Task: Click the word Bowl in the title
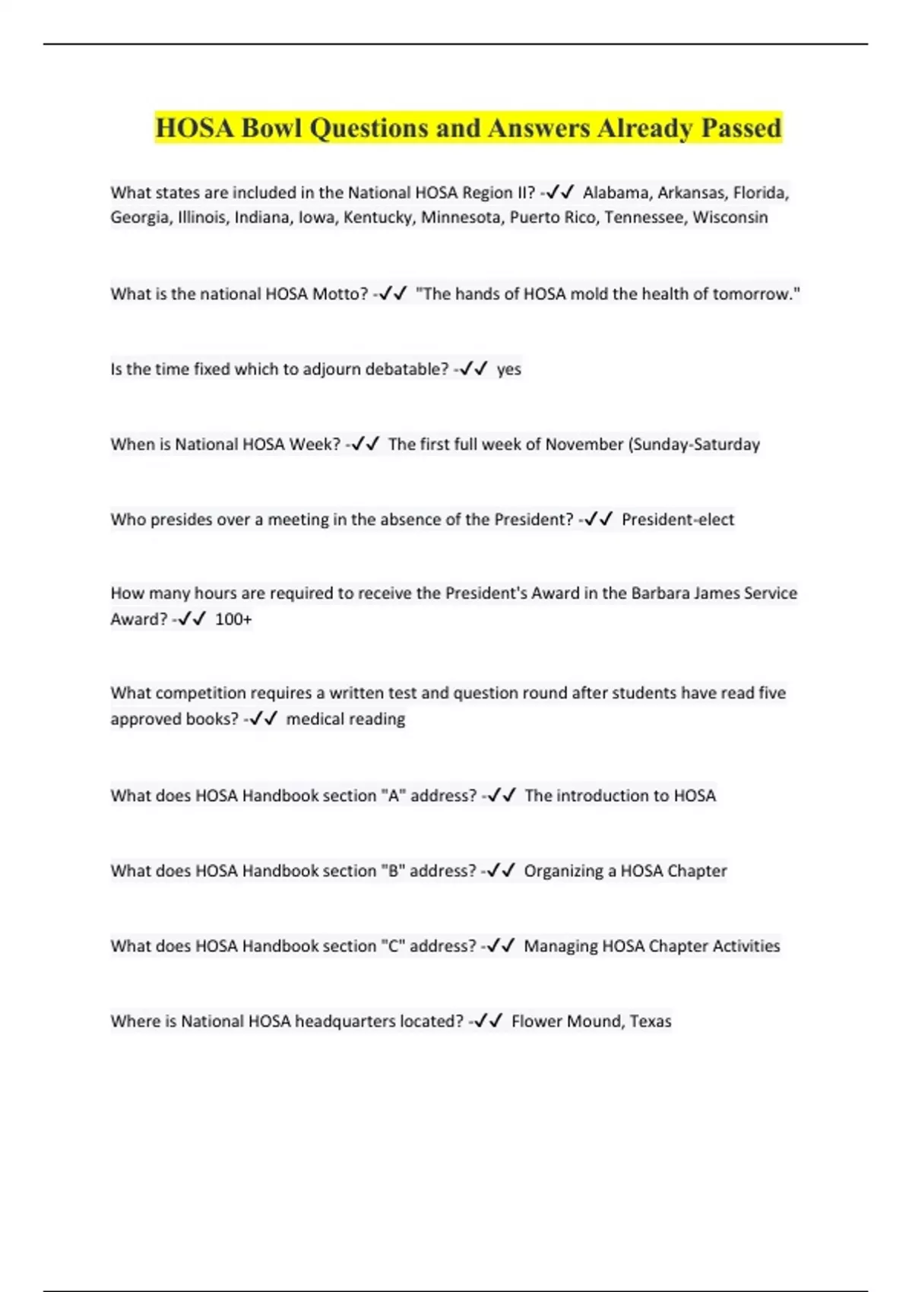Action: [272, 128]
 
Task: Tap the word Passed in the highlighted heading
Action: [741, 128]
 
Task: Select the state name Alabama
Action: [616, 193]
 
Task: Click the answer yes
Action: [508, 369]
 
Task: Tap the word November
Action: [584, 445]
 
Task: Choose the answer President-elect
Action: [678, 520]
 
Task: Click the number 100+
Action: [233, 619]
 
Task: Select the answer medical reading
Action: [345, 719]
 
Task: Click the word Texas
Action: [651, 1021]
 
